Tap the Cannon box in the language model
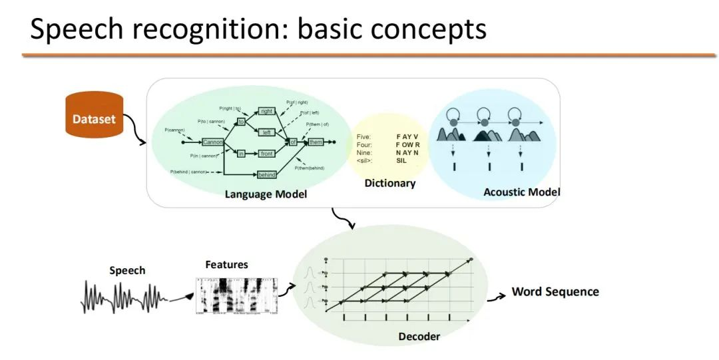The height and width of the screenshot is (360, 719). pos(213,142)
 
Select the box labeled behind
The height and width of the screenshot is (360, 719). pos(267,175)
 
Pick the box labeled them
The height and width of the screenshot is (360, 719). pos(315,142)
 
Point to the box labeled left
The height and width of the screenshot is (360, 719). pos(267,132)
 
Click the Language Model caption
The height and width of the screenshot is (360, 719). pos(266,194)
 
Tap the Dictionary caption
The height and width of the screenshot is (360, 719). pos(389,183)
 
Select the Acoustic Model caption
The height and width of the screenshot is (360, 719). pos(521,192)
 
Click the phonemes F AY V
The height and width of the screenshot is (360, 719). pos(407,136)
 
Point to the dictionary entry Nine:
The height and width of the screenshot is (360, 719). pos(364,152)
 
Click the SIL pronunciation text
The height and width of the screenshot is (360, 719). pos(401,160)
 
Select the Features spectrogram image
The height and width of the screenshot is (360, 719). pos(236,295)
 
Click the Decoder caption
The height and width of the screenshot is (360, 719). pos(419,336)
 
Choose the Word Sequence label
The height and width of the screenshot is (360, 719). pos(555,291)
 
